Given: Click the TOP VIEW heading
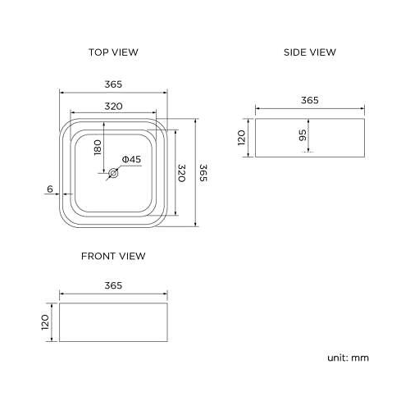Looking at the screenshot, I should [113, 52].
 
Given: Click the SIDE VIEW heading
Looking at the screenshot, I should [310, 52].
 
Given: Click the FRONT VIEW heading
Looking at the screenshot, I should [113, 256].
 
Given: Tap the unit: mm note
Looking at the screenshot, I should [349, 358].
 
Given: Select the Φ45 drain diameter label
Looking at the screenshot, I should [132, 159].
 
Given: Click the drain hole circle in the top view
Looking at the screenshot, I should [114, 173].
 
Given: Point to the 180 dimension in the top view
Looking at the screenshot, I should [98, 148].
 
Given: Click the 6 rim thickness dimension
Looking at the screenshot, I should [50, 189].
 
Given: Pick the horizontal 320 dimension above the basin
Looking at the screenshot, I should [113, 107].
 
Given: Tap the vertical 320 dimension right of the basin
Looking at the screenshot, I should [182, 173].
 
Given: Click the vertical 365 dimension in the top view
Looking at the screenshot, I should [203, 173].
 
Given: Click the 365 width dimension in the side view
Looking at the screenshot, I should [309, 100].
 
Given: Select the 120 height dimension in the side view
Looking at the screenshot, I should [243, 137].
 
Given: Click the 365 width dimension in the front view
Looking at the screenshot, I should [113, 285].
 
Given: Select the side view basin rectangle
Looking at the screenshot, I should [328, 138].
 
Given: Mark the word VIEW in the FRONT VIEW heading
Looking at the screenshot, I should [132, 256].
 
